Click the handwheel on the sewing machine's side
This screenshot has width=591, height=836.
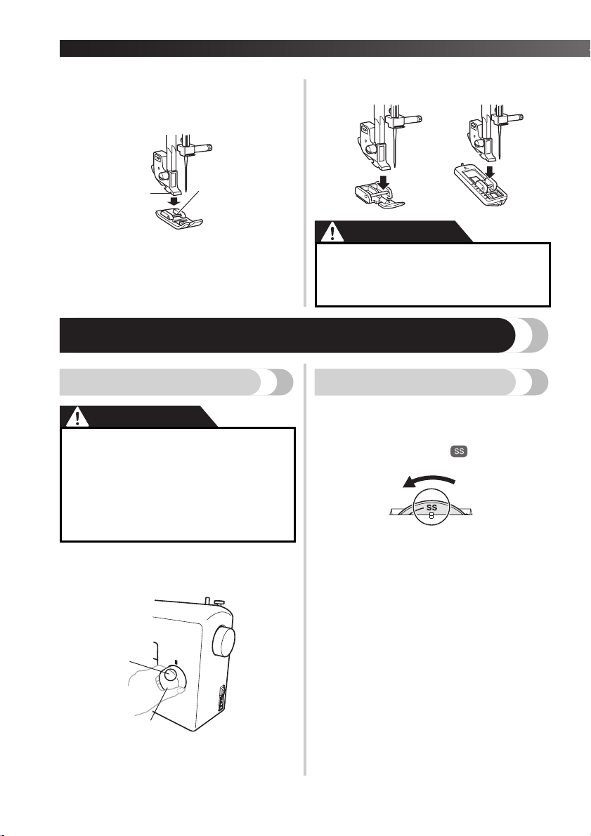pos(223,642)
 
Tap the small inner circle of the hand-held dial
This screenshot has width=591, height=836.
pos(170,675)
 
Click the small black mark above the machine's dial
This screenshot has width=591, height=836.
pos(176,662)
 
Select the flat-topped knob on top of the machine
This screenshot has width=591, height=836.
pos(218,602)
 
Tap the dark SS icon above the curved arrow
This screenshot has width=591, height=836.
pos(459,451)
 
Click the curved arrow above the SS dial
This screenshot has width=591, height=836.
pos(429,480)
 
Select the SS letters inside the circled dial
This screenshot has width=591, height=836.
pos(432,507)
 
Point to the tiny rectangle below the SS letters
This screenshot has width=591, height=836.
pos(431,516)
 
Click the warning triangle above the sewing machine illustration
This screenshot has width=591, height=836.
pos(78,418)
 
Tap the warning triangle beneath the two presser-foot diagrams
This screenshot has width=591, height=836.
pos(333,232)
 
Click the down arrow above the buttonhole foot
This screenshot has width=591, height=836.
pos(490,171)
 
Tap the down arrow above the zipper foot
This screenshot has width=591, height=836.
pos(384,181)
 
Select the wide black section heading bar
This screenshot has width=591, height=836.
pos(287,335)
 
